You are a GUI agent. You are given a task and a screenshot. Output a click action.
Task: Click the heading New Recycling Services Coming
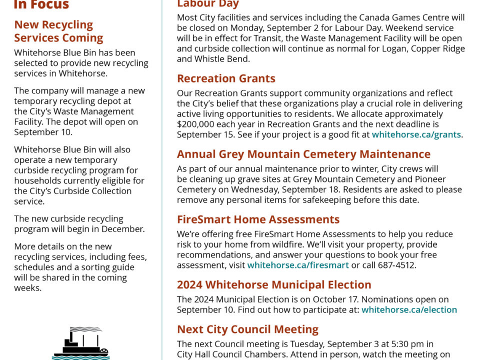(x=58, y=31)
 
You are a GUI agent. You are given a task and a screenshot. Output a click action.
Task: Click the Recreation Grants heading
(x=226, y=78)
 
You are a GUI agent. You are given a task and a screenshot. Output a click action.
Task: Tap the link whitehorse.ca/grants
(x=416, y=134)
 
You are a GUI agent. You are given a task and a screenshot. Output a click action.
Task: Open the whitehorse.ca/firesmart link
(x=298, y=265)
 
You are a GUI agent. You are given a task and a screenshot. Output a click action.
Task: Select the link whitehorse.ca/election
(x=409, y=310)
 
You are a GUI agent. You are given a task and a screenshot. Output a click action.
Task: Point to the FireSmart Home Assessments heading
(x=258, y=219)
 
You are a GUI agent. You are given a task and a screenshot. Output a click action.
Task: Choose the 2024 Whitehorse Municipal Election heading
(x=274, y=285)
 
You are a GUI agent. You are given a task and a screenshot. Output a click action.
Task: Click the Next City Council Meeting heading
(x=247, y=329)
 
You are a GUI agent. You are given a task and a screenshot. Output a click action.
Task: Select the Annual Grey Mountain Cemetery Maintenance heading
(x=303, y=154)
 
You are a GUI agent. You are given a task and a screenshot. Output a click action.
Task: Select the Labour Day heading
(x=207, y=4)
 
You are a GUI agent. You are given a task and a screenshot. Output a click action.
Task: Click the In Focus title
(x=41, y=5)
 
